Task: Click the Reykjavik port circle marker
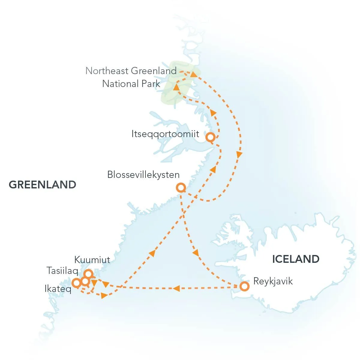(245, 286)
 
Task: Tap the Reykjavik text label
(273, 281)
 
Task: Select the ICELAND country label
(295, 259)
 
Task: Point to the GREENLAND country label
(42, 184)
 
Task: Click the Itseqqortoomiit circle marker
(211, 137)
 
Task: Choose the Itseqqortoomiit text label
(165, 134)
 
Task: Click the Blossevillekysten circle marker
(181, 188)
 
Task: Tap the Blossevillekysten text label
(143, 175)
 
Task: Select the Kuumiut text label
(92, 260)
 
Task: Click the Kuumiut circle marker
(88, 274)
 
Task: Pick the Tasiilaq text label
(62, 271)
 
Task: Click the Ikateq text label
(58, 289)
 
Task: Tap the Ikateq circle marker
(76, 282)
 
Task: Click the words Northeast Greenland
(131, 71)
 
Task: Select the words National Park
(131, 84)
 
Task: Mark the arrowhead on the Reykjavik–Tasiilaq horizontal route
(176, 288)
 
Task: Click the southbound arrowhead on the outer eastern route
(239, 155)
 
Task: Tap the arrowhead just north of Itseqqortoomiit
(213, 113)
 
